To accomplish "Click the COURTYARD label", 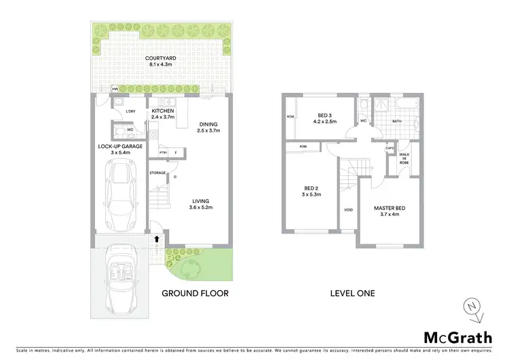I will click(x=161, y=59).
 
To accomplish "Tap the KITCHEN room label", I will click(x=163, y=111).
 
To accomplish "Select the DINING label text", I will click(x=209, y=124).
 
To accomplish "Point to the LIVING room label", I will click(x=200, y=200).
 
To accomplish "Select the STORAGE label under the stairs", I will click(x=158, y=173).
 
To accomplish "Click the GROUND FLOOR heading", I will click(x=194, y=293).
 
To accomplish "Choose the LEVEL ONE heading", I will click(x=352, y=293).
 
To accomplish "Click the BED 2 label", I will click(x=309, y=190).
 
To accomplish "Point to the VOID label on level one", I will click(x=348, y=210).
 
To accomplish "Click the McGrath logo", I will click(x=457, y=337).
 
